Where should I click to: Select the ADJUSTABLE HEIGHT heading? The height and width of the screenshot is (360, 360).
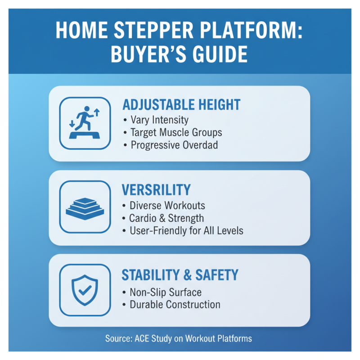(x=181, y=105)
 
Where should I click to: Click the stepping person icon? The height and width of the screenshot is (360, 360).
(x=85, y=123)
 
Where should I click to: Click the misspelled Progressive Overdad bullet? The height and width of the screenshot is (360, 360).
(x=172, y=145)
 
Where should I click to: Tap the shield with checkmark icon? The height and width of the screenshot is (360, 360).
(x=85, y=289)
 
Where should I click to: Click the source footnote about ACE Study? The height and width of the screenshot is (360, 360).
(x=179, y=338)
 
